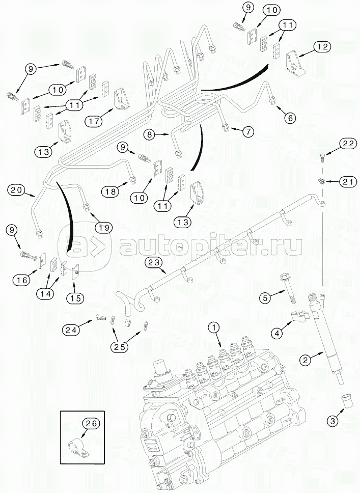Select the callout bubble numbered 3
click(333, 421)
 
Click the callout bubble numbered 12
click(322, 46)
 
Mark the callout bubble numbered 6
click(289, 118)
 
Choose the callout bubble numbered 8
click(150, 135)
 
